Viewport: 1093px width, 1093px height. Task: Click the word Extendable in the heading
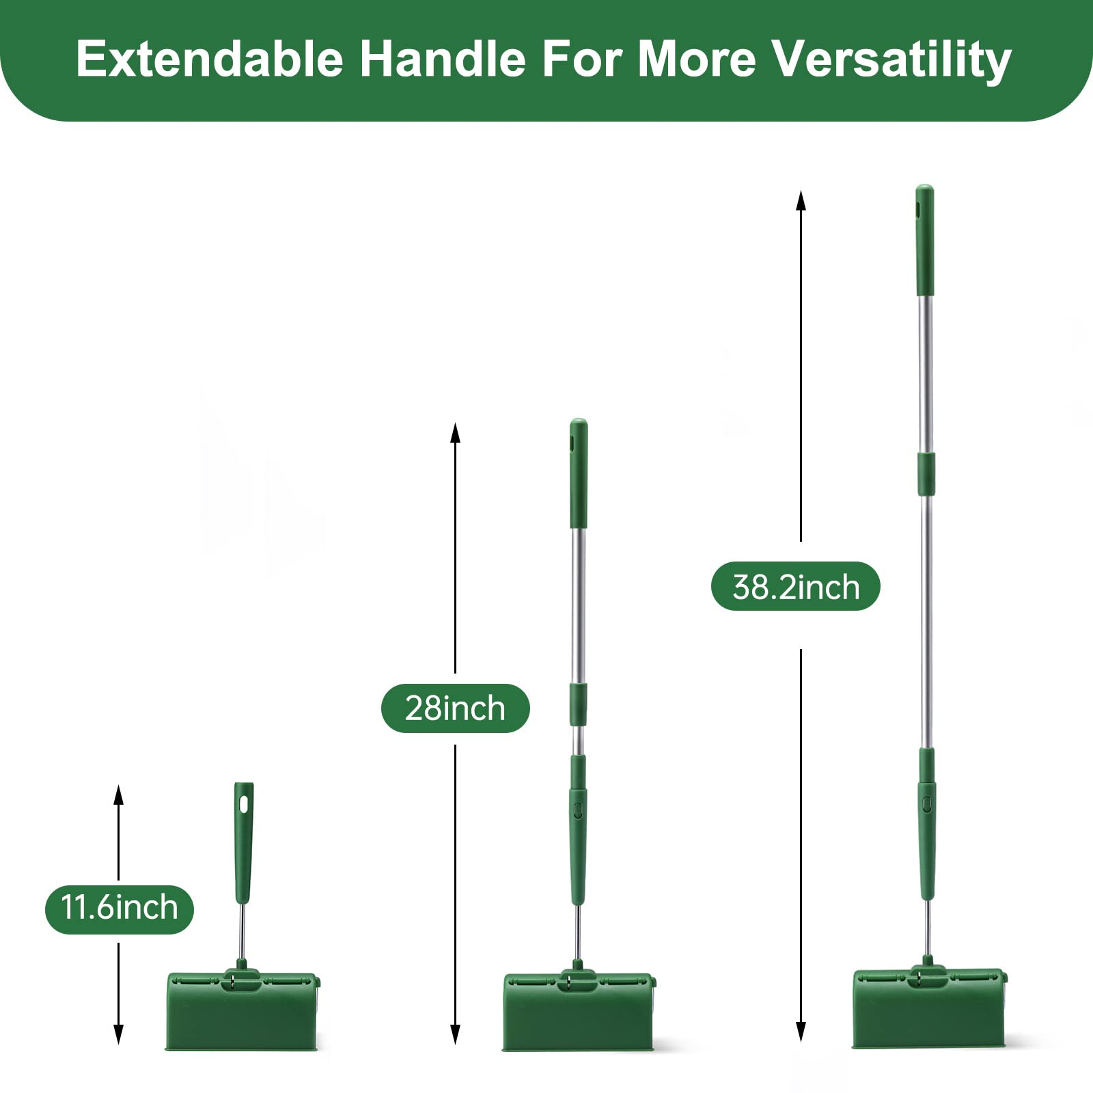[x=210, y=59]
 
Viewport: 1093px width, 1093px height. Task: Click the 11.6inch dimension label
[x=120, y=909]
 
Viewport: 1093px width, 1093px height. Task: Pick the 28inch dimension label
[x=455, y=708]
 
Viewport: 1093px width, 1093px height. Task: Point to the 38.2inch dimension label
[x=796, y=587]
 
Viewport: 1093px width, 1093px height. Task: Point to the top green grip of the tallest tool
[x=924, y=240]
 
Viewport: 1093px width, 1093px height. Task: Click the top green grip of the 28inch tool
[x=579, y=473]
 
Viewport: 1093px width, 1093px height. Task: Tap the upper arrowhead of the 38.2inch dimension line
[x=801, y=199]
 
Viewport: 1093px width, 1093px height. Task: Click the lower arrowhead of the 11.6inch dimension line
[x=118, y=1035]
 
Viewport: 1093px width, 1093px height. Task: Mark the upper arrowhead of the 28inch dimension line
[x=455, y=432]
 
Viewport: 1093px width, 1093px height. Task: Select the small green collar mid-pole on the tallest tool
[x=926, y=473]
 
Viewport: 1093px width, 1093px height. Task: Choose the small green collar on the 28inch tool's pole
[x=579, y=704]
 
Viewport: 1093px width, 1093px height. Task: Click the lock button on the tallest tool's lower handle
[x=927, y=804]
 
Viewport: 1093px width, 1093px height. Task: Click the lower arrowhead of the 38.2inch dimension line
[x=801, y=1032]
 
